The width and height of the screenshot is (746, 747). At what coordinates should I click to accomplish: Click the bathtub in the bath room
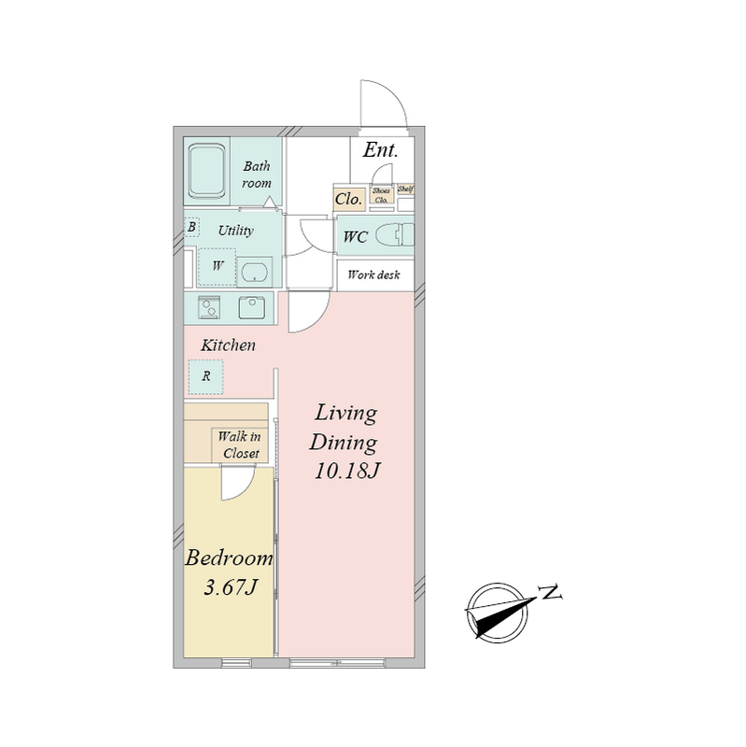(206, 172)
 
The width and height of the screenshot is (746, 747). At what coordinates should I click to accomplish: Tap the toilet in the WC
(394, 235)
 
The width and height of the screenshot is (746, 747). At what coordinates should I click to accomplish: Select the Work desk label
(373, 275)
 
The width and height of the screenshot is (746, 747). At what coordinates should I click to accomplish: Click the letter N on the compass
(550, 592)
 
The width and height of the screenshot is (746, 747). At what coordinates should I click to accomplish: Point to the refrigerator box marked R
(205, 377)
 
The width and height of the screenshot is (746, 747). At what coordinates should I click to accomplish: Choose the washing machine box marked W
(218, 267)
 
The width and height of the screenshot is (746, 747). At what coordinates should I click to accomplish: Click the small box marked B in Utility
(192, 227)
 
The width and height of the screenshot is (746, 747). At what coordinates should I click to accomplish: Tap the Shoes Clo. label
(381, 195)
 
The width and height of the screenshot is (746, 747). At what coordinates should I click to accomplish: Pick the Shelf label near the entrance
(405, 190)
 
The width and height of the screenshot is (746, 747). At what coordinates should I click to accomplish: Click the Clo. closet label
(348, 199)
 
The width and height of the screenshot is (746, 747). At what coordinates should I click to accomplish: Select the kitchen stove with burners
(209, 307)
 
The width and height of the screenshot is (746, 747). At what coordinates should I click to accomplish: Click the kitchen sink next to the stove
(251, 307)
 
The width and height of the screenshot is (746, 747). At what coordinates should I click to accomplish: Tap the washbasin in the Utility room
(254, 273)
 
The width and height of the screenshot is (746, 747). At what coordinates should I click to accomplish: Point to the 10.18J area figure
(346, 472)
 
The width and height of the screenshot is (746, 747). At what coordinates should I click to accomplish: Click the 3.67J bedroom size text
(231, 587)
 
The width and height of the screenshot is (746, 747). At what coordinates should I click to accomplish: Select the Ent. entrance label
(380, 150)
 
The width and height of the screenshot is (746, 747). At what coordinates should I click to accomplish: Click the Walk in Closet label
(240, 445)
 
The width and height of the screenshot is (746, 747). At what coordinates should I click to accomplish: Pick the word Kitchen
(228, 345)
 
